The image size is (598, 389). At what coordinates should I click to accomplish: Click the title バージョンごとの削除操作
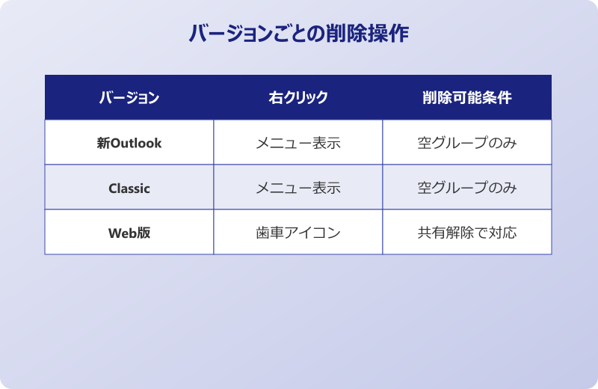click(298, 34)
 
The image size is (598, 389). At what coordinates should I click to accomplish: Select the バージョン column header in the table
click(129, 98)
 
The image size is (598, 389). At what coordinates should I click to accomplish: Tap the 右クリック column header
click(298, 98)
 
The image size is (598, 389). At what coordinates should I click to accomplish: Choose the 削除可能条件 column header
click(466, 98)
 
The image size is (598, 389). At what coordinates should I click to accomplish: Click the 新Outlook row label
click(129, 143)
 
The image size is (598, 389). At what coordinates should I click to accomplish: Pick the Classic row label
click(129, 189)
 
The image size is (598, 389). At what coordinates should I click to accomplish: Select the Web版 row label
click(129, 233)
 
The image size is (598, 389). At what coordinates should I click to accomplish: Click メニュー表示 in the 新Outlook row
click(298, 143)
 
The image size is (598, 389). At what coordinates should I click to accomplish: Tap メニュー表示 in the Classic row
click(298, 189)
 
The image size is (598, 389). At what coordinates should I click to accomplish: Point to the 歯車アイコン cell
click(298, 233)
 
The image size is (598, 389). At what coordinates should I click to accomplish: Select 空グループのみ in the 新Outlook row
click(466, 143)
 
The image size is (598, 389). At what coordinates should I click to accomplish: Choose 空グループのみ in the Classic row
click(466, 189)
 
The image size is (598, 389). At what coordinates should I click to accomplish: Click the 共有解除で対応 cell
click(466, 233)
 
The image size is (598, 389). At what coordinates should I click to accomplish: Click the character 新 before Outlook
click(103, 143)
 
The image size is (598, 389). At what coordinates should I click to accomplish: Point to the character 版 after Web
click(144, 233)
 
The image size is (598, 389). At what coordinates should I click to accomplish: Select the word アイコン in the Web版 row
click(312, 233)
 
